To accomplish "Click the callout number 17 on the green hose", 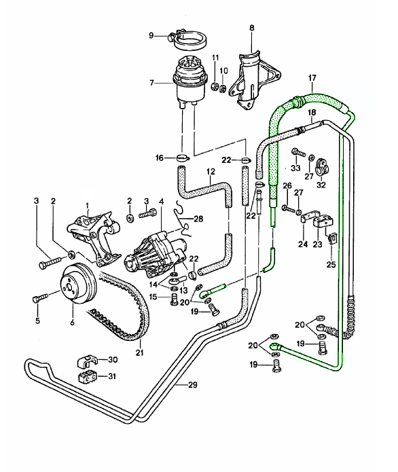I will click(312, 78).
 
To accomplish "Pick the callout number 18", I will click(312, 113).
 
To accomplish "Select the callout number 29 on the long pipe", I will click(193, 386).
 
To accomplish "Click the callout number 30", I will click(113, 360).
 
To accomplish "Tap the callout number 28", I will click(198, 219).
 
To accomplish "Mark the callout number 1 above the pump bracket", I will click(87, 206).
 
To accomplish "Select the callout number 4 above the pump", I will click(161, 201).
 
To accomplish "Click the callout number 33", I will click(295, 168).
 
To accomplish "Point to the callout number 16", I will click(159, 158).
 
